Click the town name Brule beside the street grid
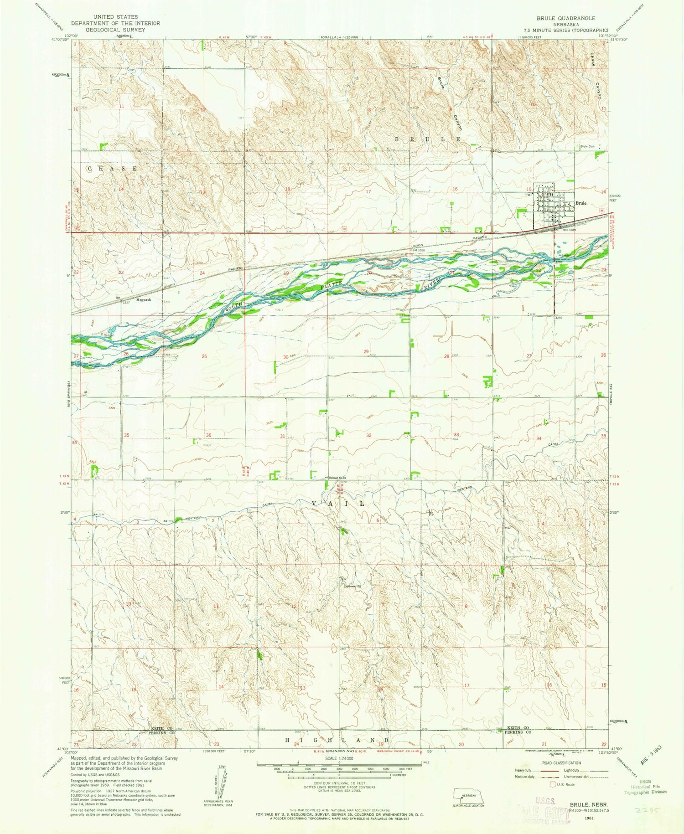580,203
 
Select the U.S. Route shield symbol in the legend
553,785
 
